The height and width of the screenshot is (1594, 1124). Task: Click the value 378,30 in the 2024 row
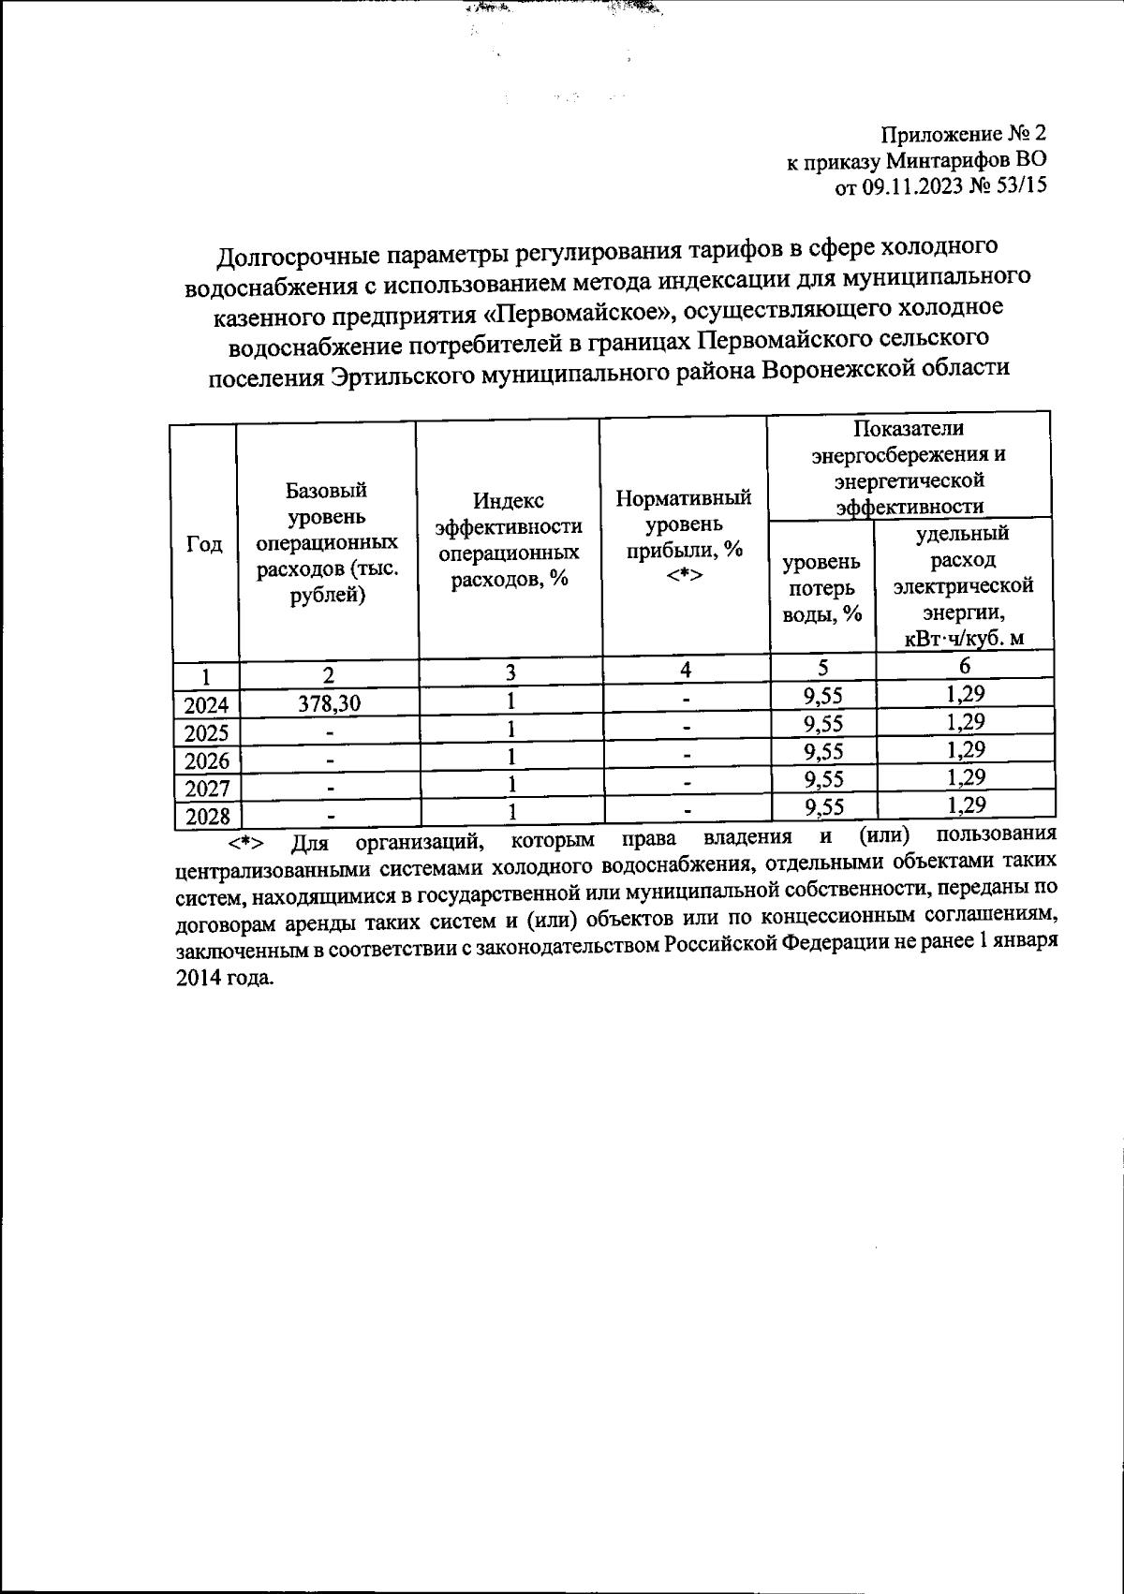coord(329,705)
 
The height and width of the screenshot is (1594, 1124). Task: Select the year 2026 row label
coord(208,760)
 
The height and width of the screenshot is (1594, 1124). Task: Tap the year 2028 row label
coord(208,817)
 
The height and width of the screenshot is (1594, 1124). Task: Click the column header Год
coord(204,544)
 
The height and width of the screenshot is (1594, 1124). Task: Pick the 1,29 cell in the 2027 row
coord(966,776)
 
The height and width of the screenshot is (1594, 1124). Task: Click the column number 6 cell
coord(965,665)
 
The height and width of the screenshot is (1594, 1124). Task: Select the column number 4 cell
coord(686,669)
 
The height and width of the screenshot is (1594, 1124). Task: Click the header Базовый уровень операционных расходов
coord(327,542)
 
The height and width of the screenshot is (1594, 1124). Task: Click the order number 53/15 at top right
coord(1019,186)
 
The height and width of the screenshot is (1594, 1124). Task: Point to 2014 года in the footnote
coord(225,978)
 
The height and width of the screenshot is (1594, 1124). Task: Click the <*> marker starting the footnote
coord(245,843)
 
